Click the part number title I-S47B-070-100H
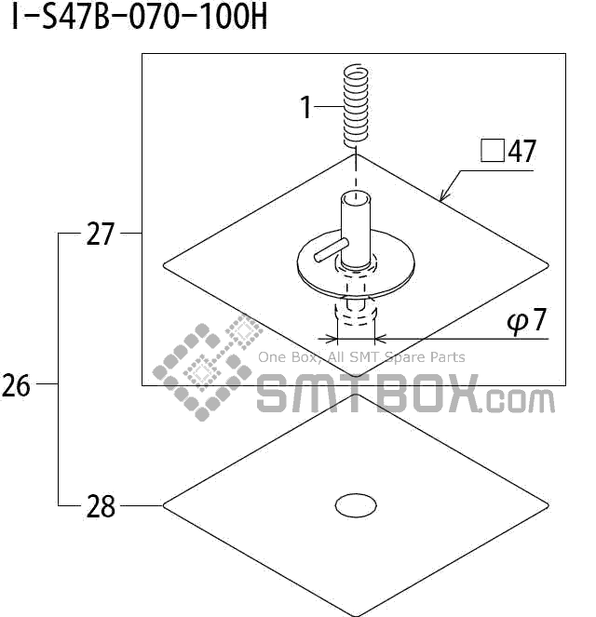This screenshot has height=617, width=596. click(x=139, y=18)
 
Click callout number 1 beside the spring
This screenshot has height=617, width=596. click(x=305, y=108)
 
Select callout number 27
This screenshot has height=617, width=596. click(x=100, y=235)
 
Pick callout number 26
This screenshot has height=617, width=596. click(x=17, y=384)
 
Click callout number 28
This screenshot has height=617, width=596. click(x=100, y=506)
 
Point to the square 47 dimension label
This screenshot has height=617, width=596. click(x=508, y=151)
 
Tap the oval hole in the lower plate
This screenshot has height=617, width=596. click(x=355, y=505)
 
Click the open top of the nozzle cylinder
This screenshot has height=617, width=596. click(x=354, y=197)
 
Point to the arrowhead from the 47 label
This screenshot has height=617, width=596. click(x=444, y=196)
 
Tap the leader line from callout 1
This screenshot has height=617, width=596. click(x=329, y=108)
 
